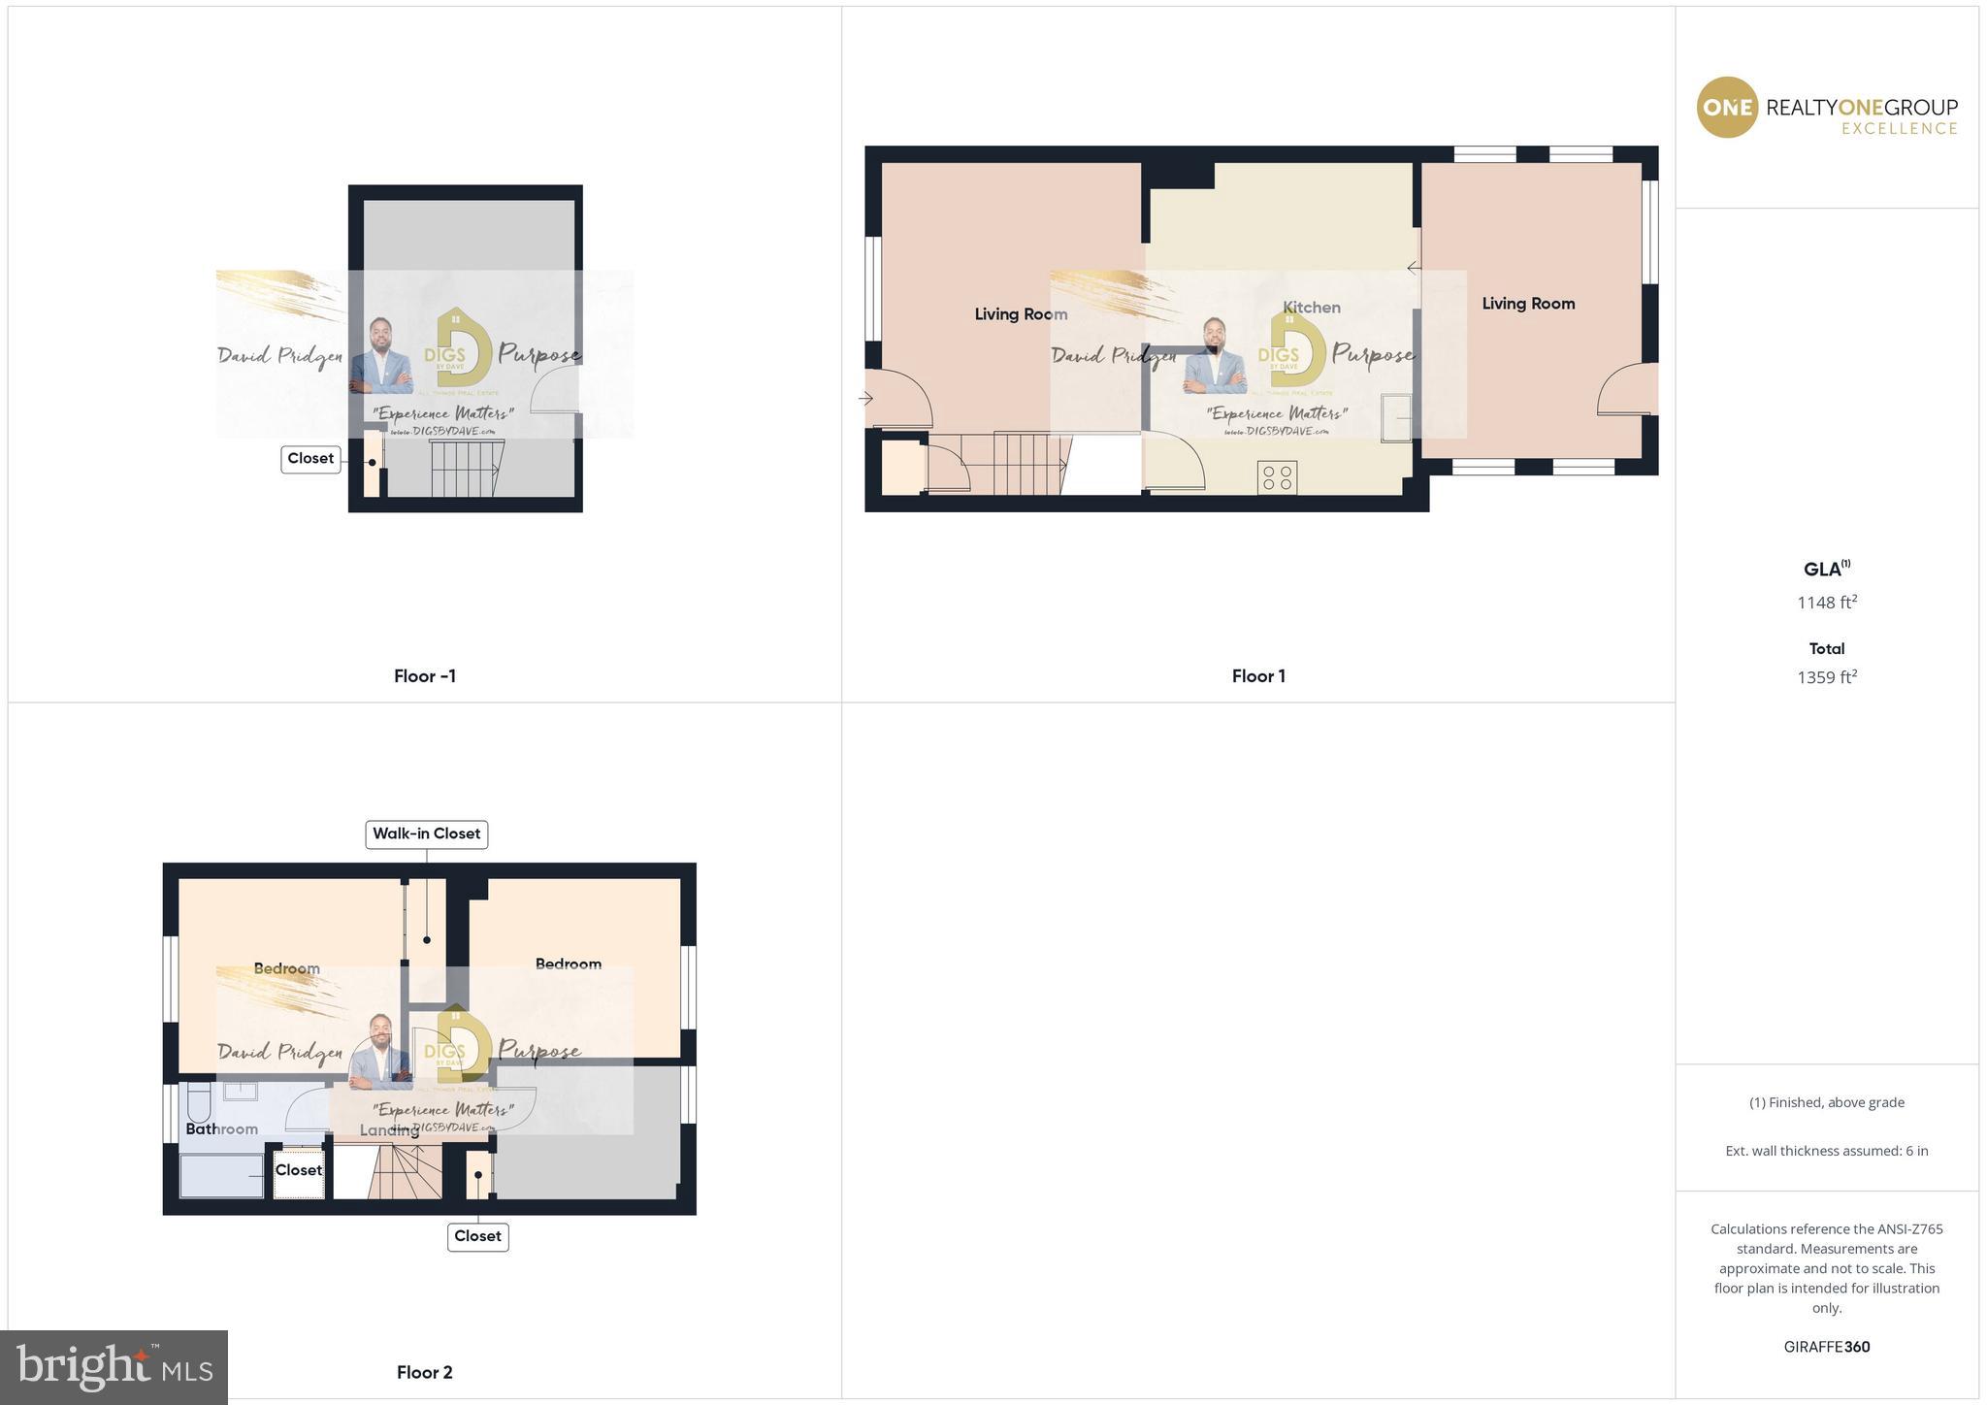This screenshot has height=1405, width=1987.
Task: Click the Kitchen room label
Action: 1311,308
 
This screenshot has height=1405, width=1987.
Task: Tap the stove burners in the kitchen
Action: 1277,477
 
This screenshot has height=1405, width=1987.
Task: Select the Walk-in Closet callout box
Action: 426,833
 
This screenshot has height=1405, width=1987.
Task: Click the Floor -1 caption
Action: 424,676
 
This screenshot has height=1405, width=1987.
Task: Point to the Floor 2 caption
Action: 424,1372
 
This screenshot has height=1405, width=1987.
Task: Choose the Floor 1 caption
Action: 1258,676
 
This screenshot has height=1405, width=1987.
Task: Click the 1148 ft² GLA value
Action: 1826,603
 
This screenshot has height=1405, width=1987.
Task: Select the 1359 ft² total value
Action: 1826,677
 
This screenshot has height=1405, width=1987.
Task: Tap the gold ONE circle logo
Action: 1726,107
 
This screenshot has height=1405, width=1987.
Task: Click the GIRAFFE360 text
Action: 1826,1347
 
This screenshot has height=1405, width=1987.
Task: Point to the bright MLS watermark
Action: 114,1367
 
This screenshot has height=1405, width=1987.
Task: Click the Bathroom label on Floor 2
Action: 221,1129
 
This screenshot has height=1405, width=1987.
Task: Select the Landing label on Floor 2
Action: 389,1130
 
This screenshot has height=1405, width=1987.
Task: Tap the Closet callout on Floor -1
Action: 310,459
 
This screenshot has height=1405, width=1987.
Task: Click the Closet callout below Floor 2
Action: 477,1236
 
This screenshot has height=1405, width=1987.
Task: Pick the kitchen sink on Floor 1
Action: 1397,417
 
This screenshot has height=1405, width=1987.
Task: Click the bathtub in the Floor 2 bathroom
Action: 221,1176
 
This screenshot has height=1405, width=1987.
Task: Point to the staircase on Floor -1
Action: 467,469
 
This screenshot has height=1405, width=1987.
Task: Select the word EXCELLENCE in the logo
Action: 1899,129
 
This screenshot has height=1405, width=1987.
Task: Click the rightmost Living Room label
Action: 1527,304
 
